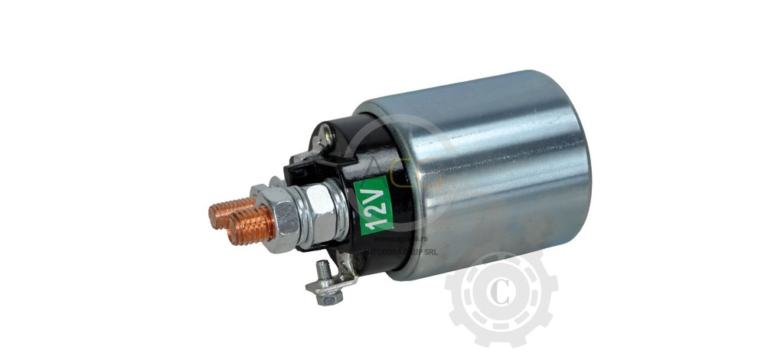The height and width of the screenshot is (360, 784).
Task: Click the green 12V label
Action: pyautogui.click(x=374, y=203)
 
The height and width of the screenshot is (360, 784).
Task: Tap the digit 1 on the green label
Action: pyautogui.click(x=376, y=220)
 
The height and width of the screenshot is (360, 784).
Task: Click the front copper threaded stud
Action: pyautogui.click(x=251, y=226)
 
